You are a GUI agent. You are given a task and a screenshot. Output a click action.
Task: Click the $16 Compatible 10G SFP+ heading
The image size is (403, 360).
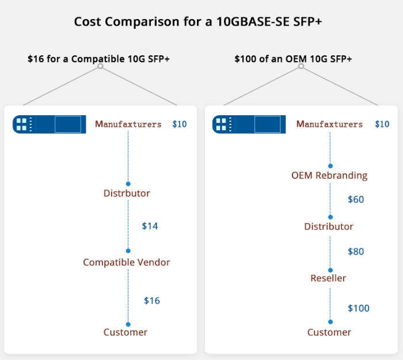coord(98,59)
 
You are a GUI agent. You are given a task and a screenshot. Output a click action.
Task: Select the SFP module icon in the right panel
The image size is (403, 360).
coord(249,124)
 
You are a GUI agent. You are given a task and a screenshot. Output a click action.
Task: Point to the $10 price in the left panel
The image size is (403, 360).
coord(180,124)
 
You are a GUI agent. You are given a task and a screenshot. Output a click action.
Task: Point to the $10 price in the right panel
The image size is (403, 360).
coord(382,124)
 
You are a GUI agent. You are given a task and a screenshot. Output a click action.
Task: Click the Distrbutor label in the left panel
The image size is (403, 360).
coord(127,194)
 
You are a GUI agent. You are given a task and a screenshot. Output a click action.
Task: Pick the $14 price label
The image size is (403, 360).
coord(150,226)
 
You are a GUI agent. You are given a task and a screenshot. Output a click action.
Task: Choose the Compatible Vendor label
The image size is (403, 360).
coord(127,263)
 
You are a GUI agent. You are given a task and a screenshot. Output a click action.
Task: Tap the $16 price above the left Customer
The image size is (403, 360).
coord(152,301)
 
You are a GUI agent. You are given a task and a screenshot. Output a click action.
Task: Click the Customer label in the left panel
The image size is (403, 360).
coord(126,332)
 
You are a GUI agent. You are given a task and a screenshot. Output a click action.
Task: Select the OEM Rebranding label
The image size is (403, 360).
coord(329,176)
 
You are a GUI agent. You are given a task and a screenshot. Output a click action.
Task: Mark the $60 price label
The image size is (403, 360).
coord(356,200)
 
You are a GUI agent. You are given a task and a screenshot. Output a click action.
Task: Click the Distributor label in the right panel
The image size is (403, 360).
coord(329,227)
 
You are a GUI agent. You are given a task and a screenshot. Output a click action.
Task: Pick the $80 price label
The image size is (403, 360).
coord(356,252)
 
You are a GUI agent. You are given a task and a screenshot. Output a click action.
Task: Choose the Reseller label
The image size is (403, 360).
coord(328,279)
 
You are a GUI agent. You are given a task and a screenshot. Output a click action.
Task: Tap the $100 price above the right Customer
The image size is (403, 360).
coord(359,309)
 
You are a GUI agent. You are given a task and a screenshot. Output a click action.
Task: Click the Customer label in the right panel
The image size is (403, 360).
coord(329,332)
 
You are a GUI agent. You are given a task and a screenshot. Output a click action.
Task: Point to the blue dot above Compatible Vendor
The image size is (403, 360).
coord(128,251)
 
